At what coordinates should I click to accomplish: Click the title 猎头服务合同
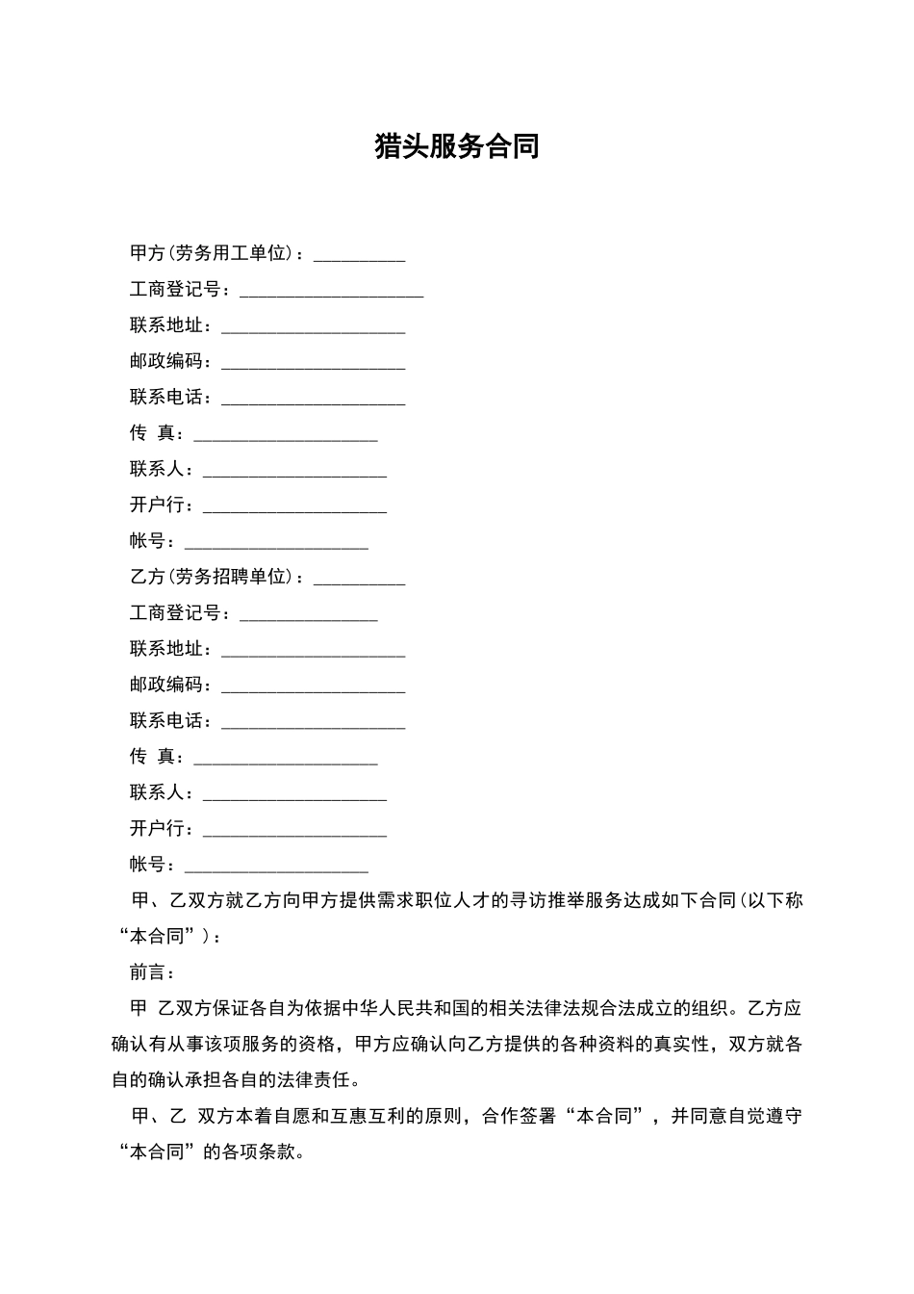(456, 146)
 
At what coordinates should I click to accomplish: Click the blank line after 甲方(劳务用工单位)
(360, 255)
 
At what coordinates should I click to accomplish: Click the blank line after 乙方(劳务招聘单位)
(360, 579)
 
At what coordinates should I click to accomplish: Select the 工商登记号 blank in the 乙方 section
(308, 614)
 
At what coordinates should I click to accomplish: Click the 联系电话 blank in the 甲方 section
(313, 399)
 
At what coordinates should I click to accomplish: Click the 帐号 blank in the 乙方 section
(276, 866)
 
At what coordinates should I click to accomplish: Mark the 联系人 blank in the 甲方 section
(294, 471)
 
